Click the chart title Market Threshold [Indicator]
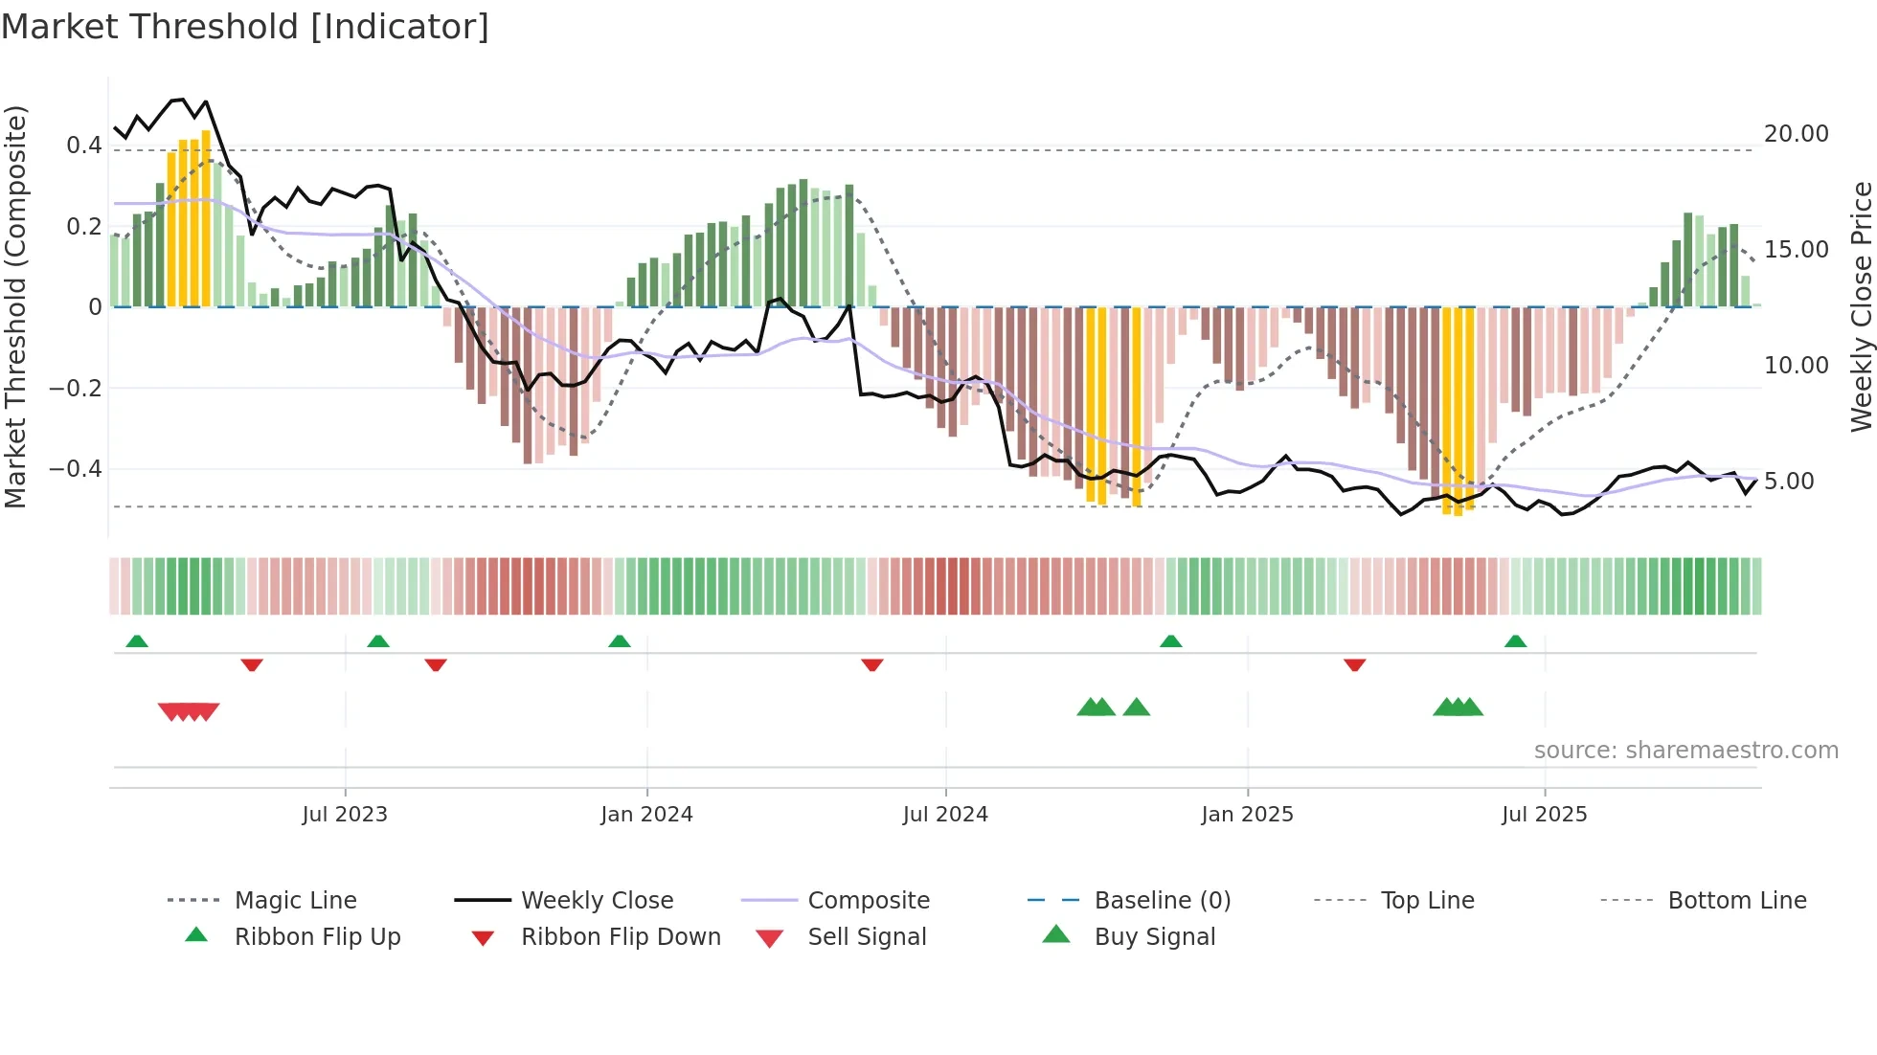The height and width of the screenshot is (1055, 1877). point(245,27)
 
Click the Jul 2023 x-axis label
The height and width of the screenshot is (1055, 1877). point(345,815)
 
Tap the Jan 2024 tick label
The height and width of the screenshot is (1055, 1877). point(646,815)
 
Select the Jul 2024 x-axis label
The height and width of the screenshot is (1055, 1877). point(945,815)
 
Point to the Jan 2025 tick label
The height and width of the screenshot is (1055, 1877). point(1247,815)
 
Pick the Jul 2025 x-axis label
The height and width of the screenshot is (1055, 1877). point(1544,815)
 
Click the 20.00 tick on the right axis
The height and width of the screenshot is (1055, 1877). point(1796,134)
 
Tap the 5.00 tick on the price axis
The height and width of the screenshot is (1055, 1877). point(1788,482)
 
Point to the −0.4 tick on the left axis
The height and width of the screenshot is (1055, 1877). point(75,469)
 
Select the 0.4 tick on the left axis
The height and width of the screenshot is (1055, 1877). point(83,146)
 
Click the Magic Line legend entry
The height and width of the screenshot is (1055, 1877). point(295,901)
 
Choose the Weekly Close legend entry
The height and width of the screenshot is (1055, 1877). point(597,901)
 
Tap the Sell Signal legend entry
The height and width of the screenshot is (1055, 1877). point(867,937)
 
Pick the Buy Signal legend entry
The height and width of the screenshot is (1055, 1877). point(1154,937)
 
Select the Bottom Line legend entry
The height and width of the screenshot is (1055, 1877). point(1736,901)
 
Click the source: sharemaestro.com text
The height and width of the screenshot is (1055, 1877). point(1685,751)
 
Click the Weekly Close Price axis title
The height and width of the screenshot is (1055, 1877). point(1861,306)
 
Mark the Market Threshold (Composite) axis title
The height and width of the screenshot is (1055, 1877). point(16,306)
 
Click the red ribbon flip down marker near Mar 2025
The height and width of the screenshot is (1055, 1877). point(1354,664)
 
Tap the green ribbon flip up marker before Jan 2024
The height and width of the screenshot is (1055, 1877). point(620,641)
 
